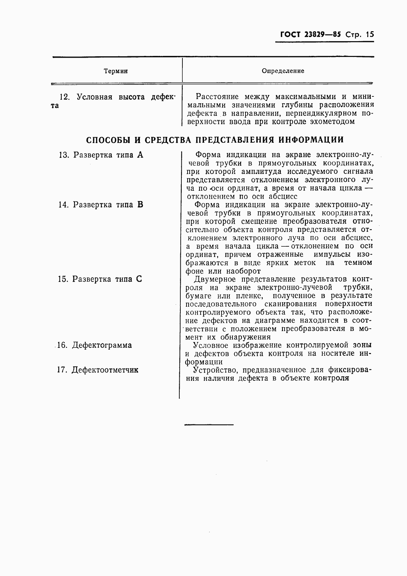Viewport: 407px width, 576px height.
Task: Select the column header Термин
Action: pyautogui.click(x=116, y=71)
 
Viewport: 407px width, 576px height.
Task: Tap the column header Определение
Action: pyautogui.click(x=283, y=71)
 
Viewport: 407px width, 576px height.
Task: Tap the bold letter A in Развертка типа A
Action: pyautogui.click(x=140, y=155)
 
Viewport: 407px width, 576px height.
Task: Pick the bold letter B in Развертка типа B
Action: pyautogui.click(x=140, y=205)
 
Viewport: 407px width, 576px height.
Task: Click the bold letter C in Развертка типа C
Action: pyautogui.click(x=139, y=279)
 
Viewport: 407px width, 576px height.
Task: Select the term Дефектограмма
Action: pyautogui.click(x=101, y=345)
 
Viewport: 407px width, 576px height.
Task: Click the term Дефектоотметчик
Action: pyautogui.click(x=105, y=370)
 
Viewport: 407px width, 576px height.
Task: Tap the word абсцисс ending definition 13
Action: pyautogui.click(x=283, y=197)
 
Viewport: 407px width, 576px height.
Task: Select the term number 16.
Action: pyautogui.click(x=62, y=345)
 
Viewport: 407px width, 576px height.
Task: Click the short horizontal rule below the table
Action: pyautogui.click(x=209, y=425)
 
